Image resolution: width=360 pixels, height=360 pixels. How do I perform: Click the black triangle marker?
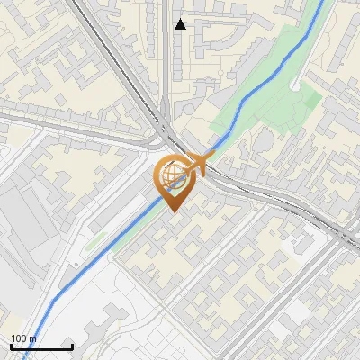pos(181,24)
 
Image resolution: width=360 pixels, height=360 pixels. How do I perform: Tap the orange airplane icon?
pos(199,165)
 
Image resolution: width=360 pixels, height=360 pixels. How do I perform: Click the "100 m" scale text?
pos(23,338)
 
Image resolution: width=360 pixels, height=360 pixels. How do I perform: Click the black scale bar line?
pos(41,346)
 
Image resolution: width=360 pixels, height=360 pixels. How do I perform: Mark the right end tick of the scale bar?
pos(72,345)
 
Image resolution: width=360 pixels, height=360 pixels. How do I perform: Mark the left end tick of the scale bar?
pos(11,345)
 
